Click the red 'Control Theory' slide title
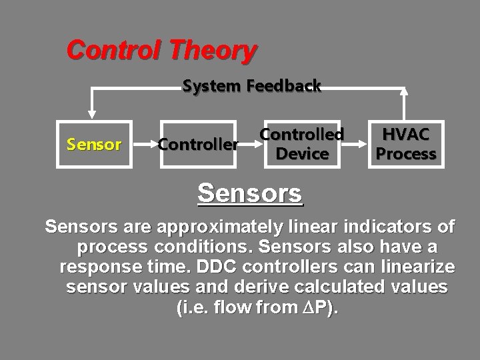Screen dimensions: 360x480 click(x=161, y=50)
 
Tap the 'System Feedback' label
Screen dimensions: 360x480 click(x=252, y=86)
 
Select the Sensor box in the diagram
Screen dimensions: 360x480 click(x=93, y=143)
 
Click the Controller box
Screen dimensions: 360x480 click(x=197, y=143)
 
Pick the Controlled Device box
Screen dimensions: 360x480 click(x=302, y=143)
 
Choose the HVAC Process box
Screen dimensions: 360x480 click(x=406, y=143)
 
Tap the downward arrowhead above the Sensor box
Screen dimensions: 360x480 click(x=93, y=114)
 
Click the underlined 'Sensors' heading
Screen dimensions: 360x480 click(x=251, y=193)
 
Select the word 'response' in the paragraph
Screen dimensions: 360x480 click(x=93, y=268)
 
